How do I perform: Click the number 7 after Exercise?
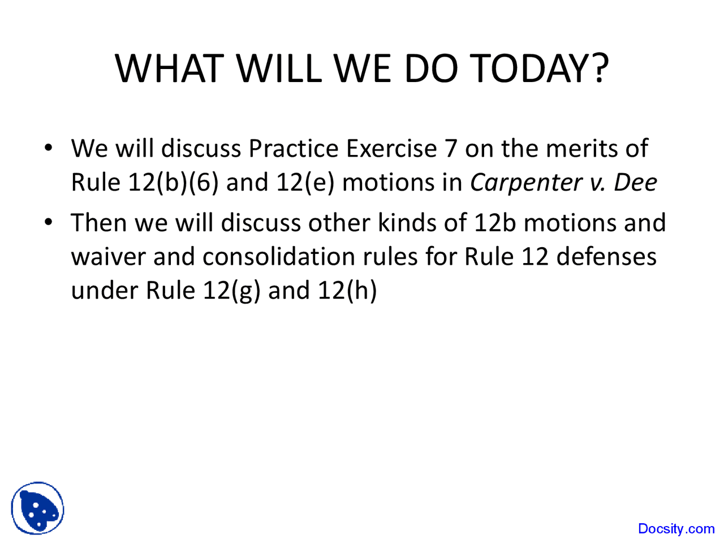[x=450, y=149]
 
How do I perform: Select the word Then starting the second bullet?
[x=98, y=223]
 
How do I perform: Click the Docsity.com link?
[x=676, y=529]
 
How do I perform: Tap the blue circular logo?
[x=37, y=508]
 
